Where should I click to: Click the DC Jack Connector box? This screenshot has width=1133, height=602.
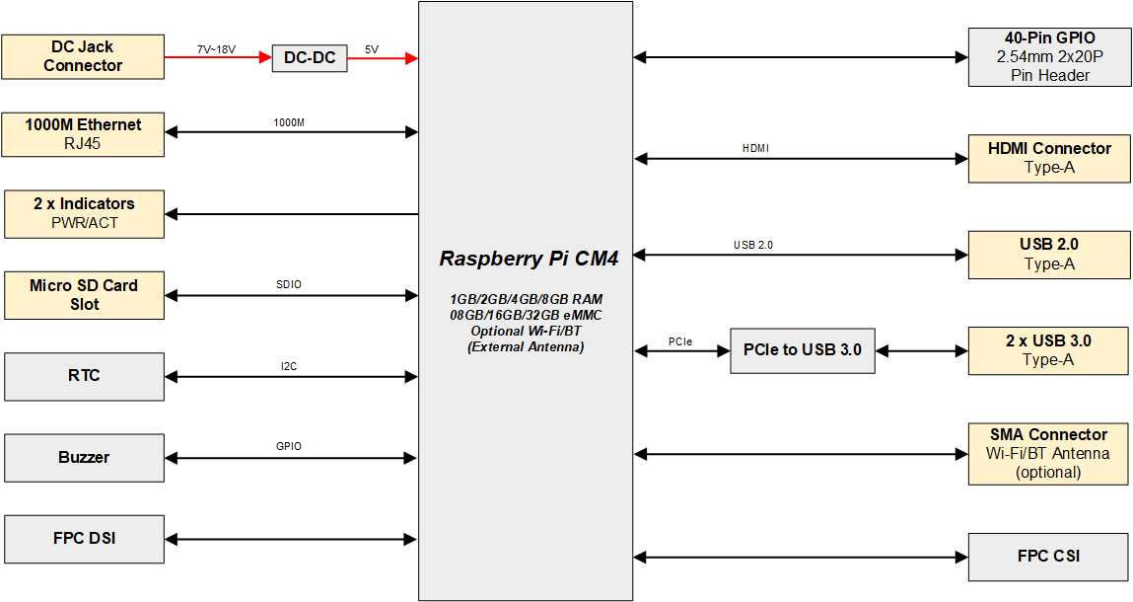pos(83,57)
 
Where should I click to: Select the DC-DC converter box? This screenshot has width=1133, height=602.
pos(310,58)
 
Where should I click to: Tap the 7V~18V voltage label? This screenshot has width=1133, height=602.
pos(216,48)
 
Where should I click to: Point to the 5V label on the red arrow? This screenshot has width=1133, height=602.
pos(371,48)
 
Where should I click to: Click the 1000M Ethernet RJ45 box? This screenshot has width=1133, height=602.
pos(83,134)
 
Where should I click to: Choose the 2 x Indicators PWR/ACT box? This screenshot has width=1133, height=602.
pos(83,213)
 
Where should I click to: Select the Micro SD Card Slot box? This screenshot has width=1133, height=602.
pos(83,295)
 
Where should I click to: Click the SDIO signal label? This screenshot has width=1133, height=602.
pos(289,284)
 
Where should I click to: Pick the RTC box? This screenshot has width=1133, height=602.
pos(83,376)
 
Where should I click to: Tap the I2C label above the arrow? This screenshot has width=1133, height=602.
pos(289,366)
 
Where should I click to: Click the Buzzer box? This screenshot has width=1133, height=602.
pos(83,458)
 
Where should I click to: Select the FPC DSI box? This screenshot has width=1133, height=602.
pos(83,539)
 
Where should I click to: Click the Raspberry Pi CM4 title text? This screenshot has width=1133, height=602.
pos(529,260)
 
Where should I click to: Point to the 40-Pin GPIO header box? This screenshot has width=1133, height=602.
pos(1049,57)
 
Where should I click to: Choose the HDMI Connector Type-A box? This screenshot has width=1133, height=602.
pos(1049,158)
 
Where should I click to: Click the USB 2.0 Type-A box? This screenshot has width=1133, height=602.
pos(1049,255)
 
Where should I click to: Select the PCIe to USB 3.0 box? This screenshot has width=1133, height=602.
pos(802,350)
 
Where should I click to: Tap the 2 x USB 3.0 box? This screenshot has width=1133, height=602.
pos(1049,350)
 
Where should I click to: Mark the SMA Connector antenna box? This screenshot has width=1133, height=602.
pos(1049,454)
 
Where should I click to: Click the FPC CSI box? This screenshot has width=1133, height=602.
pos(1049,557)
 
